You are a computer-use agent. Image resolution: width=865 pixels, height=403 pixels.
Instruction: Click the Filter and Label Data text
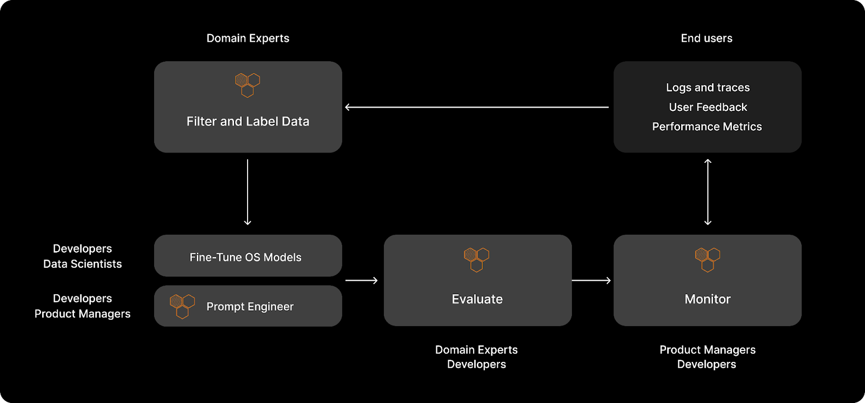tap(248, 122)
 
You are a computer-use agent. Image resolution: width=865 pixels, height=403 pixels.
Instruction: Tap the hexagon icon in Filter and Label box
tap(248, 85)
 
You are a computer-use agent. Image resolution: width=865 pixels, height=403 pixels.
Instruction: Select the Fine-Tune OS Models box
tap(248, 256)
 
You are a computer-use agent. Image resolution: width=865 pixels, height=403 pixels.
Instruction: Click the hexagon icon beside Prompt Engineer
tap(182, 306)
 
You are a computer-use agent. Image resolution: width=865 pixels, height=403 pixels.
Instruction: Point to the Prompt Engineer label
tap(250, 307)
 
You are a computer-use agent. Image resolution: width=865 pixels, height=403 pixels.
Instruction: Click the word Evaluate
tap(477, 299)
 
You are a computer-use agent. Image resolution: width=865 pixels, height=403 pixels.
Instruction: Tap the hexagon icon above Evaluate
tap(477, 260)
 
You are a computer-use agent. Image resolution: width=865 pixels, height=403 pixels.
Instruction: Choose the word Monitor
tap(707, 299)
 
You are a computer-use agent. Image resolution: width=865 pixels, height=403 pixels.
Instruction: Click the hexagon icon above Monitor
tap(707, 260)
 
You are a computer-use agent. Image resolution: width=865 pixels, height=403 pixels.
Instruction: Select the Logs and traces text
tap(708, 88)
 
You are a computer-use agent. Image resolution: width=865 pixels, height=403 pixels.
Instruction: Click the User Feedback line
tap(708, 107)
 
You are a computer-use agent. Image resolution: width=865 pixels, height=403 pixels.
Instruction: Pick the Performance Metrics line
tap(707, 127)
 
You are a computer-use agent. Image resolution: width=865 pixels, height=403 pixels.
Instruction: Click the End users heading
tap(707, 38)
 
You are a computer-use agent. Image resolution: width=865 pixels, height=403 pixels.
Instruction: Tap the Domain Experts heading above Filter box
tap(248, 38)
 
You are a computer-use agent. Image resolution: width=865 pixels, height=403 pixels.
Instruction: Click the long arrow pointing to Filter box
tap(476, 107)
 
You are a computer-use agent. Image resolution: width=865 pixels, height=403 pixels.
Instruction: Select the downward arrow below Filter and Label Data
tap(248, 192)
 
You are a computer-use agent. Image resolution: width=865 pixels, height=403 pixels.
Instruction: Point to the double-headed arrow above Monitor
tap(708, 192)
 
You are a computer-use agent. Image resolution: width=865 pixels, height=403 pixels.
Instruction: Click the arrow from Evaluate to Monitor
tap(591, 280)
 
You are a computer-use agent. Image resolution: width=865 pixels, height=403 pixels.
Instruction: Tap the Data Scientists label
tap(82, 264)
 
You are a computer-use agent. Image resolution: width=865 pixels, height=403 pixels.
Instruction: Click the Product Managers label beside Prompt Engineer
tap(82, 314)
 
